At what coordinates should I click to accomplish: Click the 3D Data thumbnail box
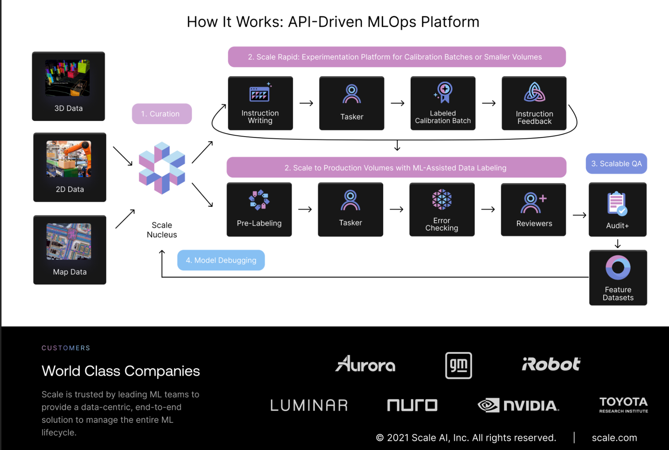[x=68, y=86]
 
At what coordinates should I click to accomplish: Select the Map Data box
[x=70, y=250]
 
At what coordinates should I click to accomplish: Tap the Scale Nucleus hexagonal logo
[x=162, y=168]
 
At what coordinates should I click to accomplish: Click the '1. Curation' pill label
[x=162, y=114]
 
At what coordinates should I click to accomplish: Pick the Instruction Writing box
[x=260, y=103]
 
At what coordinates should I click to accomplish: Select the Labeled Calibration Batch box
[x=443, y=103]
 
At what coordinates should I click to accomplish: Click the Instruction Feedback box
[x=534, y=103]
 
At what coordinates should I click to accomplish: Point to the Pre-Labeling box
[x=259, y=209]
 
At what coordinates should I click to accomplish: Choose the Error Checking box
[x=442, y=209]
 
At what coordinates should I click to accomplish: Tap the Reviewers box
[x=533, y=209]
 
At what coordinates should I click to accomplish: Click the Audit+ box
[x=617, y=209]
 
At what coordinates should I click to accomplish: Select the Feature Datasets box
[x=618, y=278]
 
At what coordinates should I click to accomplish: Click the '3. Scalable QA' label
[x=616, y=164]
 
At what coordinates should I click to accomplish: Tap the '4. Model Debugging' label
[x=221, y=260]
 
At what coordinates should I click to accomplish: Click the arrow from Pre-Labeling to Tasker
[x=305, y=209]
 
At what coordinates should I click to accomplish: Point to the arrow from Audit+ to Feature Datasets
[x=618, y=244]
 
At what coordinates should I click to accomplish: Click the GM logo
[x=458, y=365]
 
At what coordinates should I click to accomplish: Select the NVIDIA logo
[x=518, y=405]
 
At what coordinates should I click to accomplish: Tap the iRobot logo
[x=551, y=364]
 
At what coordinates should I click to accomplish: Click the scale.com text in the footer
[x=614, y=438]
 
